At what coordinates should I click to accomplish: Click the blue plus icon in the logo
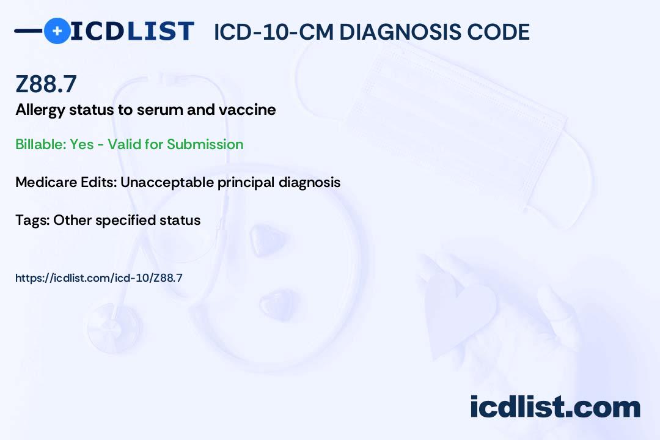click(57, 31)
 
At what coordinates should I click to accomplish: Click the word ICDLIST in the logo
click(132, 31)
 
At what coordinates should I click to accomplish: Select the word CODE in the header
click(491, 32)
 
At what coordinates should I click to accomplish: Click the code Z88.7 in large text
click(46, 84)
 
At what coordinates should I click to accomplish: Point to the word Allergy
click(40, 111)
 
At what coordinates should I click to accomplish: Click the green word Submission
click(205, 144)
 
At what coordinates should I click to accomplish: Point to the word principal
click(246, 183)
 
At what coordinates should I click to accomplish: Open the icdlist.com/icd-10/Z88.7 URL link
click(99, 278)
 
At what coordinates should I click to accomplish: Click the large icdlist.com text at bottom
click(555, 407)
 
